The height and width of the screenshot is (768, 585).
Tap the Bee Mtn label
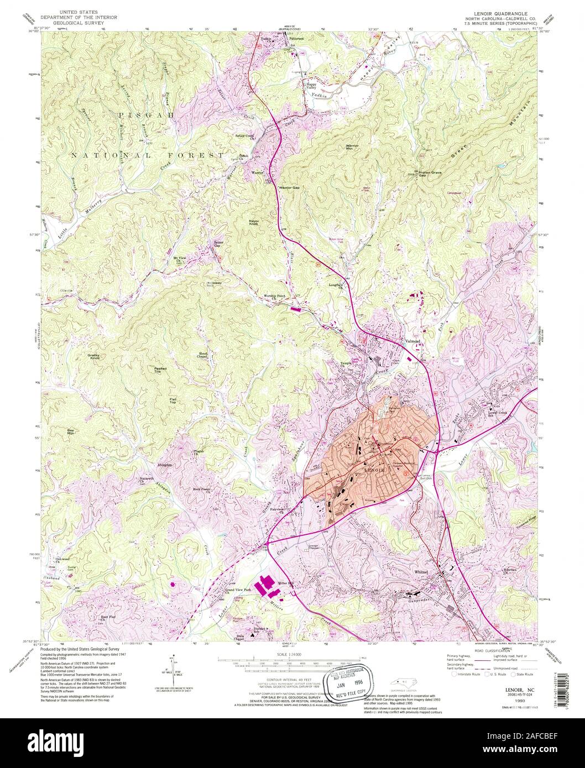(70, 432)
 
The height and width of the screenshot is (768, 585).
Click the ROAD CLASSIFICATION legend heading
(486, 653)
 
